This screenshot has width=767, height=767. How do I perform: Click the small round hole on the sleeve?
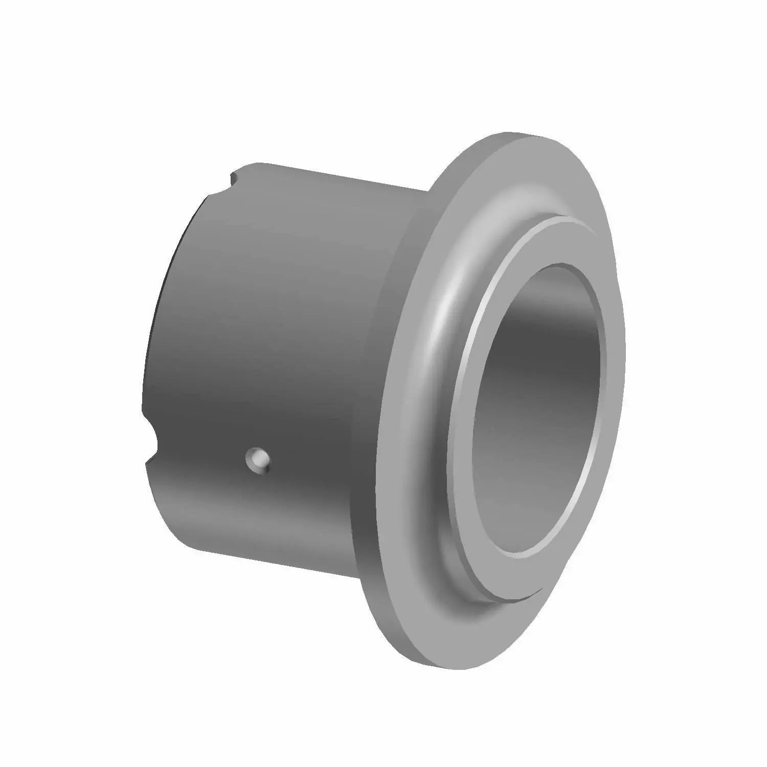coord(257,459)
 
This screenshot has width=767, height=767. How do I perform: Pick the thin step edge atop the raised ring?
coord(562,218)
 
